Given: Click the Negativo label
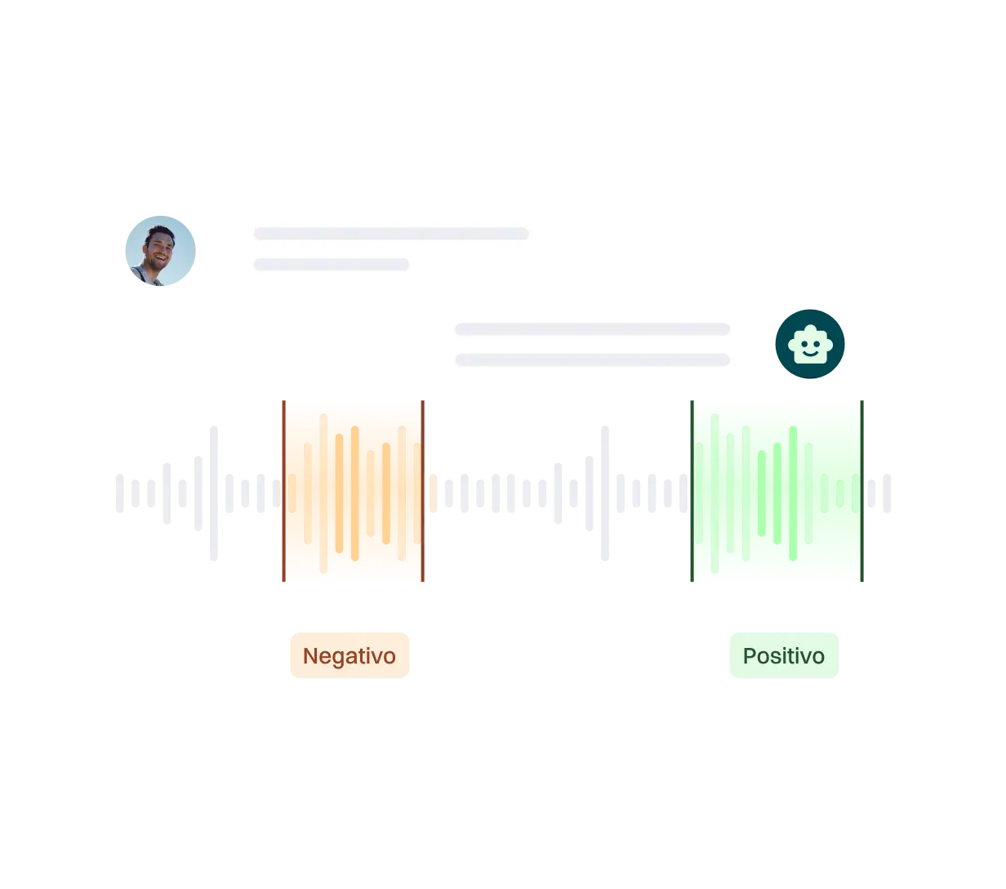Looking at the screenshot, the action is click(349, 655).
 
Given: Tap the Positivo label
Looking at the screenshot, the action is click(784, 655).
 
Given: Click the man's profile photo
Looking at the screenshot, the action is click(160, 251).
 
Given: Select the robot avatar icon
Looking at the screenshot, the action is click(810, 344).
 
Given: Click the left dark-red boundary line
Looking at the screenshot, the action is click(283, 490).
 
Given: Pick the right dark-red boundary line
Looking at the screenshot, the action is click(422, 490).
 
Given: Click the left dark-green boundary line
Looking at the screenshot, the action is click(692, 490).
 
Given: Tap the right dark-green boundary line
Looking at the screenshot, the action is click(862, 490).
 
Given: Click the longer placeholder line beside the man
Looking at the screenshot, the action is click(391, 234).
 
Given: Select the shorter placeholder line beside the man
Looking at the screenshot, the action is click(332, 265).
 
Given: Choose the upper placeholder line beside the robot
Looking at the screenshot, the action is click(592, 329).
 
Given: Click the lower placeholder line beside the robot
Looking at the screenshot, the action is click(592, 360).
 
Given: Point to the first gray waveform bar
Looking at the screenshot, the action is click(120, 493).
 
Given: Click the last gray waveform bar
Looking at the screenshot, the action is click(887, 493).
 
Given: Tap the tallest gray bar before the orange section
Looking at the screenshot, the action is click(213, 493).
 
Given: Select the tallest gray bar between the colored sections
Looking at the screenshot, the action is click(605, 493).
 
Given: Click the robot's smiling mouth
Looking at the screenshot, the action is click(810, 353).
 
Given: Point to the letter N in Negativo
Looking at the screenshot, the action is click(309, 655).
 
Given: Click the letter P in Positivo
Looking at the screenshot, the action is click(750, 655).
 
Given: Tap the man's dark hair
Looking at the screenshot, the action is click(160, 233).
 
